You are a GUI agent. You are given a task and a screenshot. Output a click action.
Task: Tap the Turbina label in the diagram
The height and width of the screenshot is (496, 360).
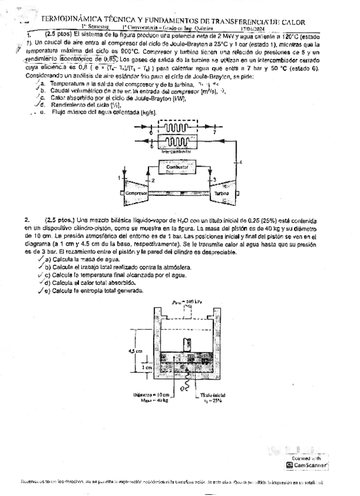(x=221, y=193)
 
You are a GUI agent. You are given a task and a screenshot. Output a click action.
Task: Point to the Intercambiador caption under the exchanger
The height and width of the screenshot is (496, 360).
(x=176, y=151)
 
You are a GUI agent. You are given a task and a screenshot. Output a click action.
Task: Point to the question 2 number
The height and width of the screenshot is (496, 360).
(x=27, y=219)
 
